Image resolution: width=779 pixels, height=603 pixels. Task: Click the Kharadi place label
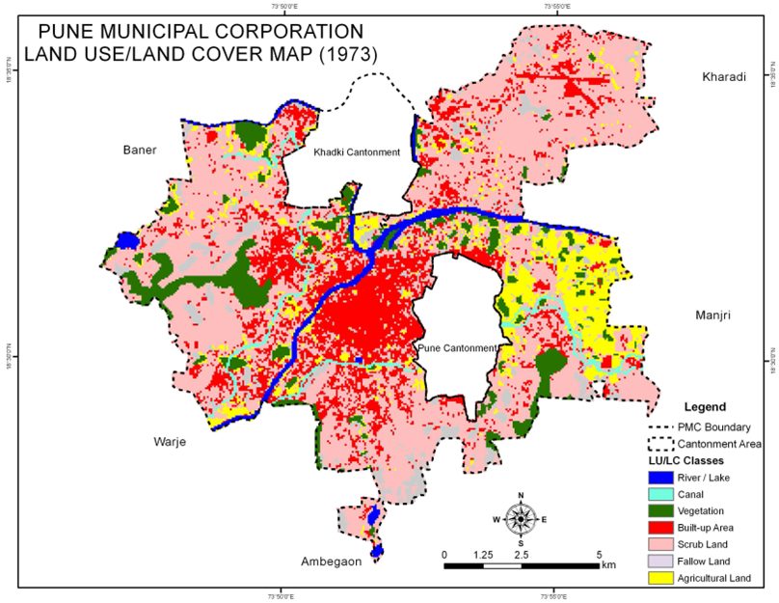click(724, 76)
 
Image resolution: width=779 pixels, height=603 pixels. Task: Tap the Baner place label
click(141, 150)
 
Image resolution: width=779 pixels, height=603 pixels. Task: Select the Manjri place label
click(717, 315)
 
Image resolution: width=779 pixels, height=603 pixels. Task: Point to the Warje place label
click(170, 442)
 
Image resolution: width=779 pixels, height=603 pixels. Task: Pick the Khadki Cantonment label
click(356, 151)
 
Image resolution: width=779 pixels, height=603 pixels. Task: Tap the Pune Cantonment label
click(457, 347)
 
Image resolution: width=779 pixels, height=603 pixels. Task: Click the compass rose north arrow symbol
click(520, 518)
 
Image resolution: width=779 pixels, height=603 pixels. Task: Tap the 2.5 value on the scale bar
click(521, 555)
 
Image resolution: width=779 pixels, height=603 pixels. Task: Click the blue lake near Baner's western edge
click(127, 240)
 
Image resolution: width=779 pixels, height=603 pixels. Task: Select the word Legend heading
click(705, 407)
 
